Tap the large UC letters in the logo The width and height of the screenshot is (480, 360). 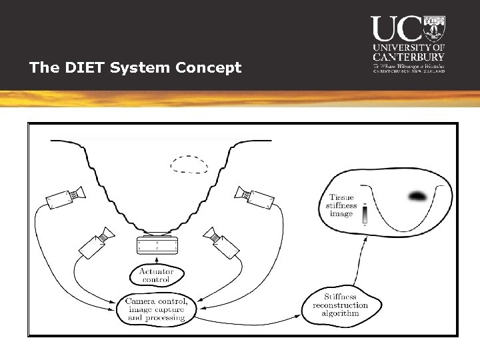tap(397, 29)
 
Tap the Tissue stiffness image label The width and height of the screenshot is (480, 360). tap(343, 205)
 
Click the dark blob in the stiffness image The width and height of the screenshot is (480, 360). tap(417, 196)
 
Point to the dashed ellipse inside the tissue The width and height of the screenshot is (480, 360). tap(189, 164)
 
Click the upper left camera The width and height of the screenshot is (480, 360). tap(65, 197)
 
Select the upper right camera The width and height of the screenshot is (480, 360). tap(255, 197)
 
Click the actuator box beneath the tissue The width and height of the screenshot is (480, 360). tap(157, 245)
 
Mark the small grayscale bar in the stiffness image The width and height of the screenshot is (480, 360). tap(365, 213)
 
